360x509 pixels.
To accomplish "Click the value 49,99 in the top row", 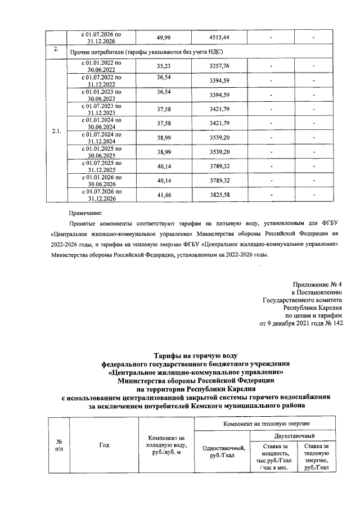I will coord(163,38).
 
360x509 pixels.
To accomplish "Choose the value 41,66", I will coord(163,195).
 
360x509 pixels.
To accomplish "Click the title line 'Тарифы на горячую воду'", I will coord(196,354).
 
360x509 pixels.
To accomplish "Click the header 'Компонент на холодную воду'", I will coord(165,445).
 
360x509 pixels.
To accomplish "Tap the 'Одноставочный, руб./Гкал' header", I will coord(223,452).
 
